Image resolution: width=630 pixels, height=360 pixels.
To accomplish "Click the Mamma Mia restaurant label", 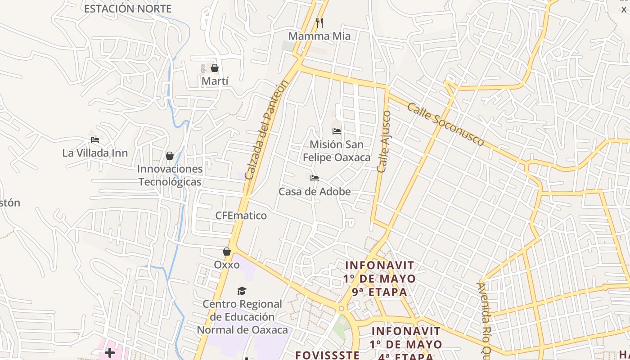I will [x=319, y=36].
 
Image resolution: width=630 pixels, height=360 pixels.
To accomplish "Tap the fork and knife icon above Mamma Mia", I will [x=319, y=22].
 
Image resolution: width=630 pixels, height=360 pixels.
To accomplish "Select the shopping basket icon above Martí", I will [x=215, y=68].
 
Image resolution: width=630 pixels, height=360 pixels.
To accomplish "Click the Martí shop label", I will [x=215, y=81].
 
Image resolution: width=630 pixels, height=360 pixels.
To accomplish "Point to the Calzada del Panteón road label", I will [x=265, y=130].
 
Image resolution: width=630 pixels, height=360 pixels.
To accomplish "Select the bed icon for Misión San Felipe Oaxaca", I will [x=337, y=131].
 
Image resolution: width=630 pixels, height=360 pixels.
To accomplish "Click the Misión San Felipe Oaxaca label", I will [x=337, y=151].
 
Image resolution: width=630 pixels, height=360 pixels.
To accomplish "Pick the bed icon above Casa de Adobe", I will [x=315, y=178].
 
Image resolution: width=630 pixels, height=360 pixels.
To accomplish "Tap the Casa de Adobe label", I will [x=315, y=192].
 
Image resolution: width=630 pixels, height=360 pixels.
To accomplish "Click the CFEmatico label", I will [x=241, y=216].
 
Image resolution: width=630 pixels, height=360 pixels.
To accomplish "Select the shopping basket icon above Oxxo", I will [x=227, y=252].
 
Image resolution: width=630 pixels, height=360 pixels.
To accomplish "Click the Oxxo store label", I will [x=227, y=265].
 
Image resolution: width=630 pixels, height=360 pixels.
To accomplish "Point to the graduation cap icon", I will [x=242, y=291].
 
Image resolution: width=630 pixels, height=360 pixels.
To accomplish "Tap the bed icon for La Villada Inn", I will [x=95, y=140].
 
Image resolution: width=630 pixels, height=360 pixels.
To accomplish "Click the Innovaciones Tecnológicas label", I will [x=170, y=175].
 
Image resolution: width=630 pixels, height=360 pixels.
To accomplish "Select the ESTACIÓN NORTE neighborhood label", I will [x=128, y=9].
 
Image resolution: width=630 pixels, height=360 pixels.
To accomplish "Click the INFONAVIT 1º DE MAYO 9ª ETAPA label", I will [x=380, y=279].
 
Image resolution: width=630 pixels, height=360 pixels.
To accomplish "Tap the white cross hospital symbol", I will [x=109, y=352].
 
